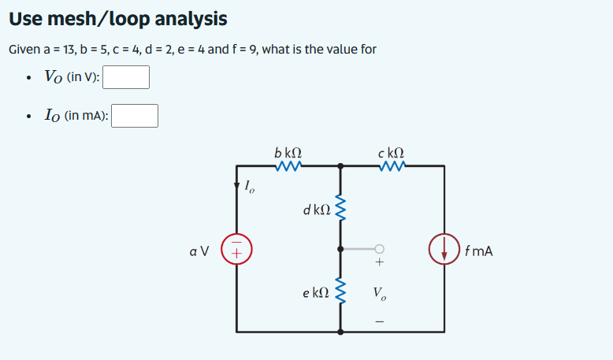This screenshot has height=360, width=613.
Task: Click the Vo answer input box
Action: (126, 77)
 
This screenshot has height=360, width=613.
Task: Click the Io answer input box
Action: (135, 116)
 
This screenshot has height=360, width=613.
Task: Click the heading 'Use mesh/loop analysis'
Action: (118, 18)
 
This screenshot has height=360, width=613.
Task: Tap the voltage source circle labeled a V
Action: (236, 251)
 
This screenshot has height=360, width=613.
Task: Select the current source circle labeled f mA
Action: (444, 251)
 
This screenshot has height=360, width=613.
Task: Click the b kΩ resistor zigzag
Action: (288, 166)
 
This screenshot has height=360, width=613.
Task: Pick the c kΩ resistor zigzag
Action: (392, 166)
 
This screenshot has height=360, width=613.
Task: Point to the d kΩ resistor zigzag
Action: (340, 210)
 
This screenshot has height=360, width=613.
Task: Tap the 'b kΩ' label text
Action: (288, 151)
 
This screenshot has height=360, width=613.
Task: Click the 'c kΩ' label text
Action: (392, 151)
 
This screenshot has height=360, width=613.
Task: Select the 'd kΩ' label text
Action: (316, 210)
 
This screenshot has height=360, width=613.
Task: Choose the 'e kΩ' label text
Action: (315, 292)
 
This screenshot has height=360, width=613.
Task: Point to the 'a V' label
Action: (199, 252)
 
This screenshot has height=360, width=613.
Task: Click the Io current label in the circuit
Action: (249, 187)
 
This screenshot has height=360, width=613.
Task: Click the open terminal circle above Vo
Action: (381, 247)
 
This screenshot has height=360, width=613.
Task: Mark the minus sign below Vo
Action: (381, 321)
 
